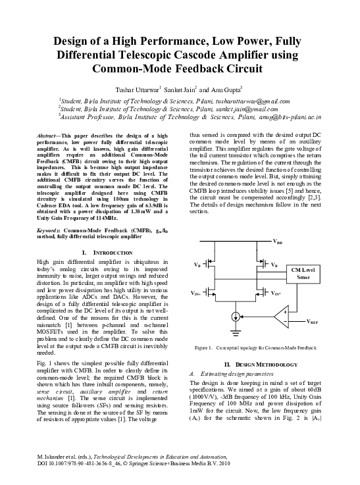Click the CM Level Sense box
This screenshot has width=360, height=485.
306,273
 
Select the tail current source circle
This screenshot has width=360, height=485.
236,317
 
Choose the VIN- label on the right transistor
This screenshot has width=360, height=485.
279,292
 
